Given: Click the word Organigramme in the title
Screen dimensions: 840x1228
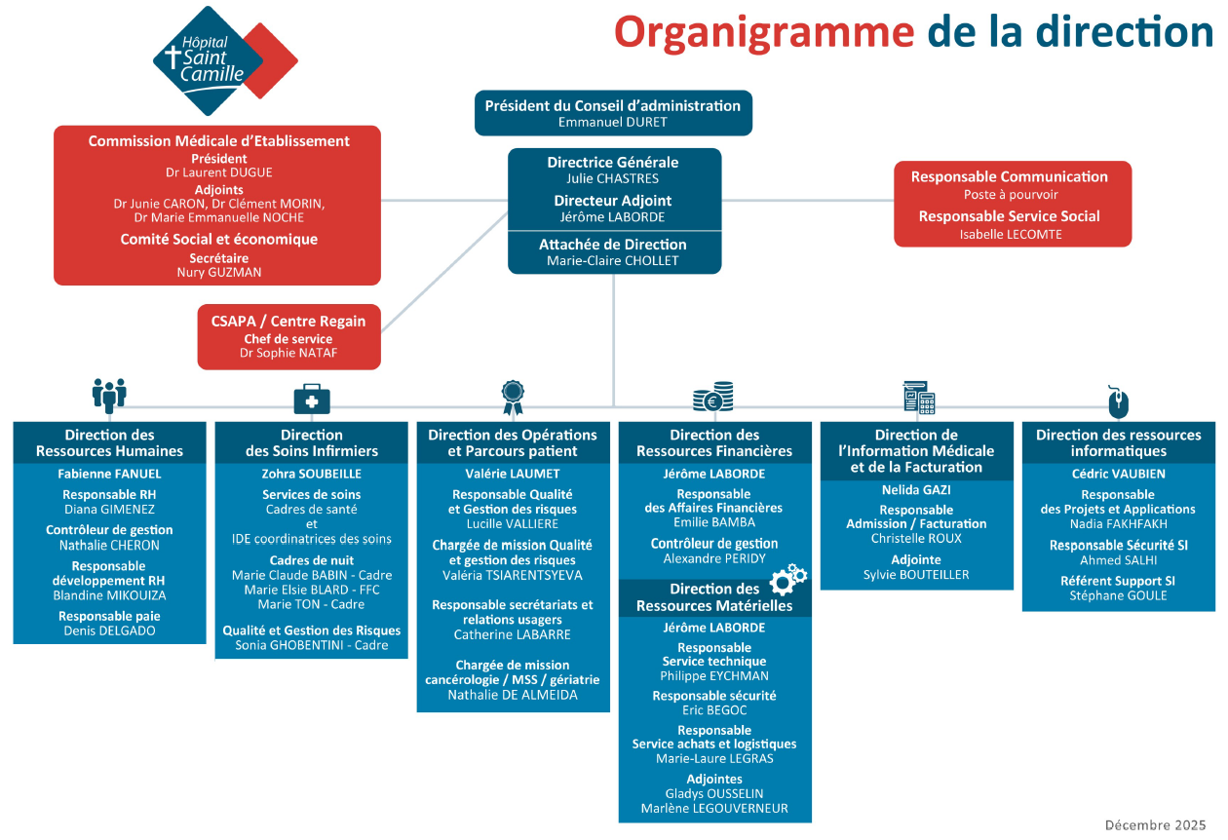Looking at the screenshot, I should point(763,31).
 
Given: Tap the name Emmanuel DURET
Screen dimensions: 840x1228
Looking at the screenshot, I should point(613,122).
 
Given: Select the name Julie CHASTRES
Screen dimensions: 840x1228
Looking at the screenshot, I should point(613,178).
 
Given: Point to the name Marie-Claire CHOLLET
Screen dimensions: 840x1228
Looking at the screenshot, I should point(613,260).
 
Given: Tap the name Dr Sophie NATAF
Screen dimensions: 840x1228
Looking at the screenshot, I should point(288,353).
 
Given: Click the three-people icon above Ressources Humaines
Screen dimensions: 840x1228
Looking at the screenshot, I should point(109,395).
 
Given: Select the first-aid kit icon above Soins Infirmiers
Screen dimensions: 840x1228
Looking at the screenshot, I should point(312,398).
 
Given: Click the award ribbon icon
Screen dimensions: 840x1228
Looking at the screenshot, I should point(513,394).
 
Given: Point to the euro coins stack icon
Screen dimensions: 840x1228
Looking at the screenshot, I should point(713,397).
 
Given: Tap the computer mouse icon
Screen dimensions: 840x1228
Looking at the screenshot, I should point(1118,400).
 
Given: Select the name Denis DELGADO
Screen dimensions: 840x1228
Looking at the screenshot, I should point(109,630).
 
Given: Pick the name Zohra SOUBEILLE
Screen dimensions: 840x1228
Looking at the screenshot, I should point(312,474).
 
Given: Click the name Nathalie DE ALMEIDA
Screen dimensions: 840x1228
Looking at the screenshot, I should point(513,695).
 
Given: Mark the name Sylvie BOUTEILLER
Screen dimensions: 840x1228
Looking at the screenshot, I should point(916,575).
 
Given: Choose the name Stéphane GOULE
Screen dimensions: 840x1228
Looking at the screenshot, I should point(1118,595).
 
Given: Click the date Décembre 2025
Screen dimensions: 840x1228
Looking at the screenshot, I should point(1155,824).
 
